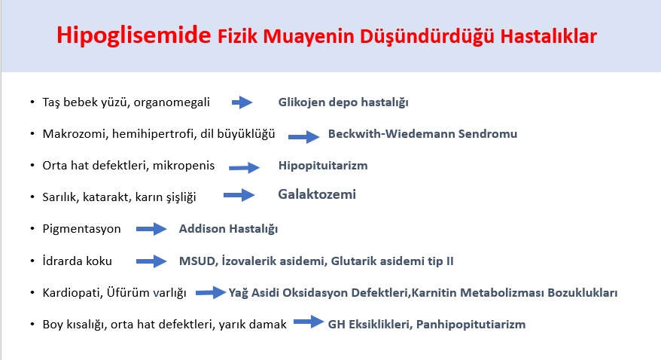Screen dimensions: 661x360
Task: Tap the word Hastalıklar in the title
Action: (548, 36)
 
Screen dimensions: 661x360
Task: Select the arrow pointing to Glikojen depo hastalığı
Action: (242, 102)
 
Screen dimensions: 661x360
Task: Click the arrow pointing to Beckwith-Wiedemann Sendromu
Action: (303, 136)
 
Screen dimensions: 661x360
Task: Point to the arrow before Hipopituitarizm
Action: (244, 167)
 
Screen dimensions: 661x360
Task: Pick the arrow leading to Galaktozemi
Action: (239, 195)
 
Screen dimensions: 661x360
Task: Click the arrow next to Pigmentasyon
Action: (151, 229)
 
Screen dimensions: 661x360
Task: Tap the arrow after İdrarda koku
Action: (151, 261)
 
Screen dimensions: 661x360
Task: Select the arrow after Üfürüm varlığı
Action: (211, 292)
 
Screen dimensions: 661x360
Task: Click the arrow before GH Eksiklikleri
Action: (309, 322)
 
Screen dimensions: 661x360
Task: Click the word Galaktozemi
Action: (317, 194)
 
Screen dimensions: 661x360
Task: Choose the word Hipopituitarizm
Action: (323, 165)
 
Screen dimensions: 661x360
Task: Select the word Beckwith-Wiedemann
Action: (391, 133)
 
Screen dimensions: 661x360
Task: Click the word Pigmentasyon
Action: (82, 229)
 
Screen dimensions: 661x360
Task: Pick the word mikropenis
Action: (184, 165)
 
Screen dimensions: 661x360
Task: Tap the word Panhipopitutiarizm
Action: (471, 324)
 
